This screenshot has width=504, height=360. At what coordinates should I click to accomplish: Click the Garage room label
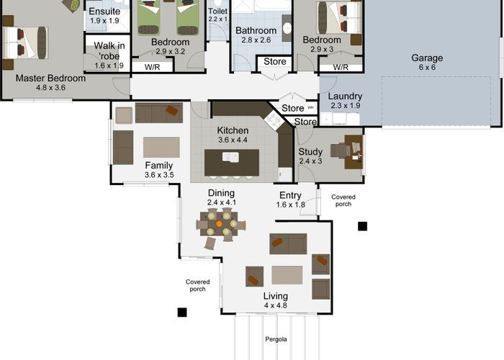[427, 58]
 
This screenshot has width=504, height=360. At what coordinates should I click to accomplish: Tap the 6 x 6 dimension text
[427, 68]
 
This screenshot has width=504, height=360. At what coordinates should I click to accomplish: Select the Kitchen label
[233, 130]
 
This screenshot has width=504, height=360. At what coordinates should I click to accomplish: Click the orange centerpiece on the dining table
[219, 224]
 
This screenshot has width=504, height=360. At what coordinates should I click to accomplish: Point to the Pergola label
[276, 339]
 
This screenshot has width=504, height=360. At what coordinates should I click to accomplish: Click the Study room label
[310, 152]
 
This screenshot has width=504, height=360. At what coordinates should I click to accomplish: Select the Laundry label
[345, 96]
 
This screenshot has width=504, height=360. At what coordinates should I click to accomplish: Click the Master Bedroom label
[50, 78]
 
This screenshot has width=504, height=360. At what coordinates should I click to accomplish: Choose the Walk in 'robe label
[109, 51]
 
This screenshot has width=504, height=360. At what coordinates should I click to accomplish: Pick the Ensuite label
[104, 12]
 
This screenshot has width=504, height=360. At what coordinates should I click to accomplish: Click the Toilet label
[217, 12]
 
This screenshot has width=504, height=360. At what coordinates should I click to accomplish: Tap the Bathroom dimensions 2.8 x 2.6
[256, 40]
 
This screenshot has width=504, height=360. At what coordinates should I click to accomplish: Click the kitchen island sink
[230, 157]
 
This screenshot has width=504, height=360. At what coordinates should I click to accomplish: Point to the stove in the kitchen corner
[274, 120]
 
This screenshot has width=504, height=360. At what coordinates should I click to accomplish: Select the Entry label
[290, 195]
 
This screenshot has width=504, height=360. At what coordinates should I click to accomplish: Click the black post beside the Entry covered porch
[363, 226]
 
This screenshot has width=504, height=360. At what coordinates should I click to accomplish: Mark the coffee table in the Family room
[161, 147]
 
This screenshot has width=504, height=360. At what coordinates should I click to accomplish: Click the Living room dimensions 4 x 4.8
[276, 305]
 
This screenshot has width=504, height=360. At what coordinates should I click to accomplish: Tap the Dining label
[221, 193]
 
